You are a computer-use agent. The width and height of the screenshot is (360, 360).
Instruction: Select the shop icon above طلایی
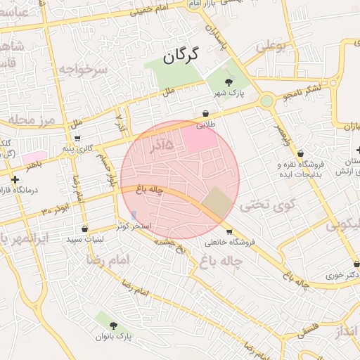(x=205, y=113)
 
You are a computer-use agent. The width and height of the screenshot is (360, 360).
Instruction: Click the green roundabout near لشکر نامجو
(x=266, y=101)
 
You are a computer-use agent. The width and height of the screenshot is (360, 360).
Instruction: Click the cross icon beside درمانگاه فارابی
(x=15, y=179)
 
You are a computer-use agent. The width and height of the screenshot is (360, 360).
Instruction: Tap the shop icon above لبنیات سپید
(x=85, y=229)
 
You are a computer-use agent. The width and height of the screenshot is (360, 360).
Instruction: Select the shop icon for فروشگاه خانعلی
(x=229, y=232)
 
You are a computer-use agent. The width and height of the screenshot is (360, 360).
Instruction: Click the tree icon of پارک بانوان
(x=113, y=326)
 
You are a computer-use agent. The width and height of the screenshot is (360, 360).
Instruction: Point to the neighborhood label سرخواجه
(x=82, y=69)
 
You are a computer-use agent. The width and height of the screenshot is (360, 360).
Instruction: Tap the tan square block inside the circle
(x=217, y=203)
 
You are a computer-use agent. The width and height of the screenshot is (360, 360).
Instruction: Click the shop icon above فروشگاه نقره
(x=301, y=153)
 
